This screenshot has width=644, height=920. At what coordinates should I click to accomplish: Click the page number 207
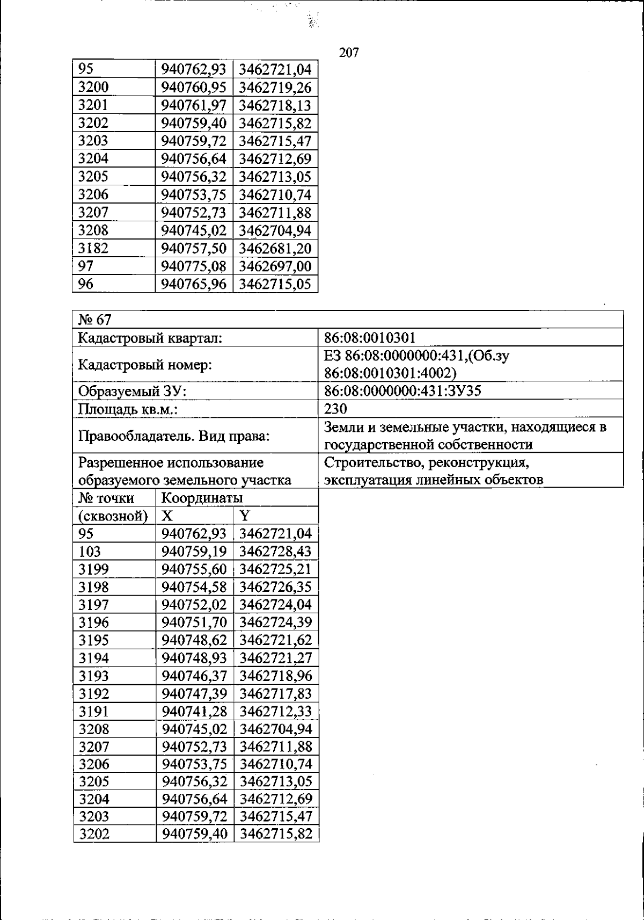tap(349, 53)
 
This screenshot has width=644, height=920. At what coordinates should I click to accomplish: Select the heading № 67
tap(94, 320)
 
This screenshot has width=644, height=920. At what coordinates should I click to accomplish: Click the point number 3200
tap(93, 87)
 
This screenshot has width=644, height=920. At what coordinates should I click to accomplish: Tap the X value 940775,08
tap(194, 266)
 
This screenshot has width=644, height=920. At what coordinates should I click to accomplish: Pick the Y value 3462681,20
tap(275, 249)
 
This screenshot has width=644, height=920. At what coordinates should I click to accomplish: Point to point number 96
tap(86, 284)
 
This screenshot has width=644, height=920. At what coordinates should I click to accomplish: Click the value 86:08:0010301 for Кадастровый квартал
tap(370, 338)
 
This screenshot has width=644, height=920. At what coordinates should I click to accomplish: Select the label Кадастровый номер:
tap(145, 365)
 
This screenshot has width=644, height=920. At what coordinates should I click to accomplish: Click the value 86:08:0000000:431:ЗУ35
tap(402, 390)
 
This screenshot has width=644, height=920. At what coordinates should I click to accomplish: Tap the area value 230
tap(335, 409)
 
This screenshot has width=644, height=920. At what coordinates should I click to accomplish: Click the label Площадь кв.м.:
tap(128, 409)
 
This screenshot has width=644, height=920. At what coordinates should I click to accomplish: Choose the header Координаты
tap(201, 498)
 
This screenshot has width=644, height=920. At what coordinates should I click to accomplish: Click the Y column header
tap(245, 516)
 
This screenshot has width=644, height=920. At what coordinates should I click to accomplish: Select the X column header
tap(167, 516)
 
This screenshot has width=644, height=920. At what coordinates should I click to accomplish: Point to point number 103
tap(90, 552)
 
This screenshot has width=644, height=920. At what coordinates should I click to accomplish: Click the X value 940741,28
tap(195, 711)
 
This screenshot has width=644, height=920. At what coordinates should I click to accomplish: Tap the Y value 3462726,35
tap(276, 587)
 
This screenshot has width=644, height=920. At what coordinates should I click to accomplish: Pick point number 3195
tap(93, 640)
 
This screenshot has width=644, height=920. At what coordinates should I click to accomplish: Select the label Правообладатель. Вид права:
tap(174, 436)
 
